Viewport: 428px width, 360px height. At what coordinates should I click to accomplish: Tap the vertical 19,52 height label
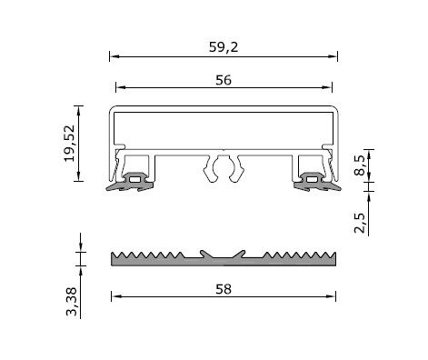pos(71,143)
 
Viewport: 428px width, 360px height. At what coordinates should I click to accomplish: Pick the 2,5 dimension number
pos(361,222)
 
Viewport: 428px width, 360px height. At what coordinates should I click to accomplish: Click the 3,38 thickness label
pos(73,301)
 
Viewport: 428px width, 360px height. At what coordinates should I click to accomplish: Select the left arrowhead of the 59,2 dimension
pos(114,55)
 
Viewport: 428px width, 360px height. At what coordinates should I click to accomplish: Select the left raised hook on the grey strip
pos(204,250)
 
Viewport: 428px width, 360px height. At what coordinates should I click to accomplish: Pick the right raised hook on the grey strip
pos(242,250)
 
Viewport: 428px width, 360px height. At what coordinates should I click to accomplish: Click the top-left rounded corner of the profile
pos(114,109)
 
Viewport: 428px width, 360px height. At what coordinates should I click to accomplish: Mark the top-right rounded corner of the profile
pos(334,109)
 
